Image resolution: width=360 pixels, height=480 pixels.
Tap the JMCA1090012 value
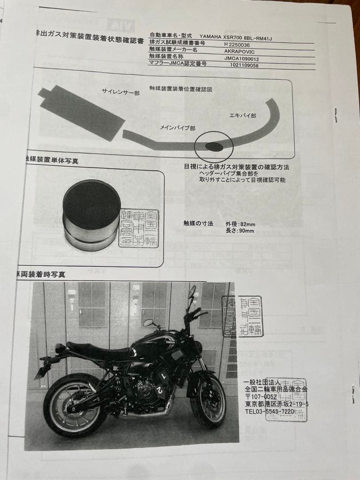point(241,58)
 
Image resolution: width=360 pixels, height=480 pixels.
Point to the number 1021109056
point(244,65)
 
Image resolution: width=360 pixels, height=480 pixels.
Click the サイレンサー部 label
point(120,92)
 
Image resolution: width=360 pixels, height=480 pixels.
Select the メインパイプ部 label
point(178,128)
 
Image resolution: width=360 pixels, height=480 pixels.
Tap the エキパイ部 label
point(242,116)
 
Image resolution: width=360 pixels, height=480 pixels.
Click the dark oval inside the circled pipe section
point(214,146)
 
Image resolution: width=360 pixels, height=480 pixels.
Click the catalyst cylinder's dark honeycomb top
point(92,204)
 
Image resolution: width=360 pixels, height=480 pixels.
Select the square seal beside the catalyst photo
point(139,228)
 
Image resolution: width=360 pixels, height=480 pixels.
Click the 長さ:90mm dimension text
point(240,231)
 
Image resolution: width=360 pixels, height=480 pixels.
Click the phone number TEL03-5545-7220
point(269,412)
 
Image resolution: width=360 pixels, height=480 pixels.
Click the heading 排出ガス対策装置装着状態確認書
point(89,40)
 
